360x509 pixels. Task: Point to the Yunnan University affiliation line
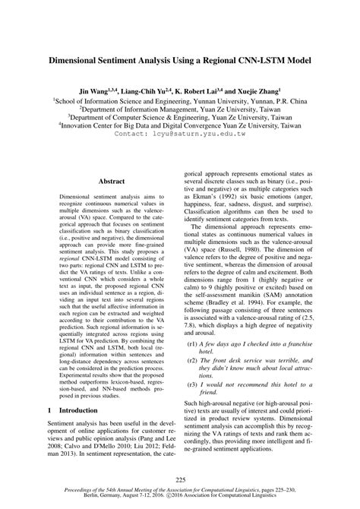pos(180,100)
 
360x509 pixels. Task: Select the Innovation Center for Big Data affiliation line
pos(180,125)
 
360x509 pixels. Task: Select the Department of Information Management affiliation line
pos(180,109)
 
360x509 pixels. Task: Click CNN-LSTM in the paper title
pos(243,58)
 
